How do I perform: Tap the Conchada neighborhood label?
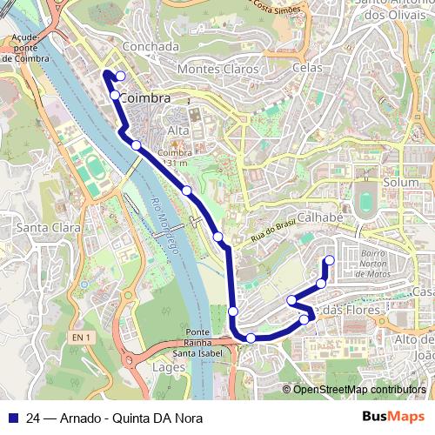tap(152, 46)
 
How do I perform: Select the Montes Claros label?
tap(217, 68)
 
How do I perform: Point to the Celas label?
tap(308, 67)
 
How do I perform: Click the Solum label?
tap(401, 183)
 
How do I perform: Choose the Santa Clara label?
tap(48, 227)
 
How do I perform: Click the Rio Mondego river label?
tap(164, 228)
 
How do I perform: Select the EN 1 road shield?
tap(82, 337)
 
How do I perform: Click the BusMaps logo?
tap(393, 416)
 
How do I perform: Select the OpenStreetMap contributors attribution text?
tap(359, 390)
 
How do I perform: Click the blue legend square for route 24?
tap(12, 417)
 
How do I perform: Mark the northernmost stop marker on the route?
tap(120, 76)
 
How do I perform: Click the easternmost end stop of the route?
tap(330, 260)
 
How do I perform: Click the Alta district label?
tap(177, 130)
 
